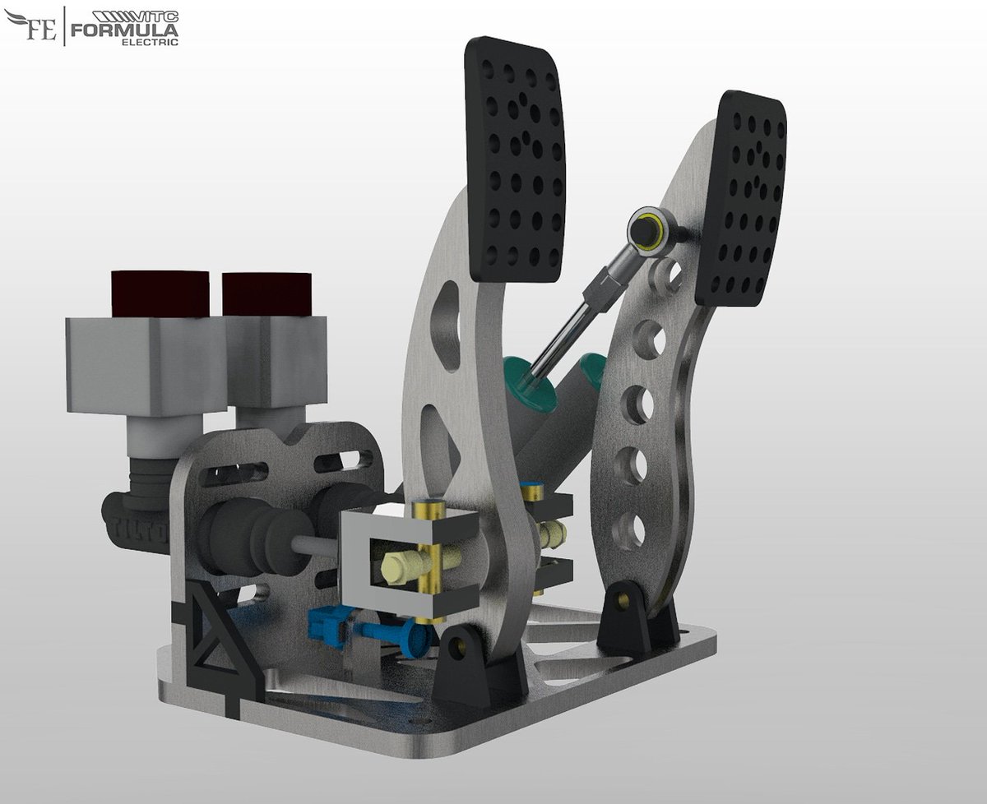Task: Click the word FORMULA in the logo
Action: point(125,30)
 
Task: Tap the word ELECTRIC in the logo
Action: point(150,42)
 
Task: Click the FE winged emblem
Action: point(30,26)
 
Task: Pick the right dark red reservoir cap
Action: point(267,294)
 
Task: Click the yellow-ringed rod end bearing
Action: point(647,229)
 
